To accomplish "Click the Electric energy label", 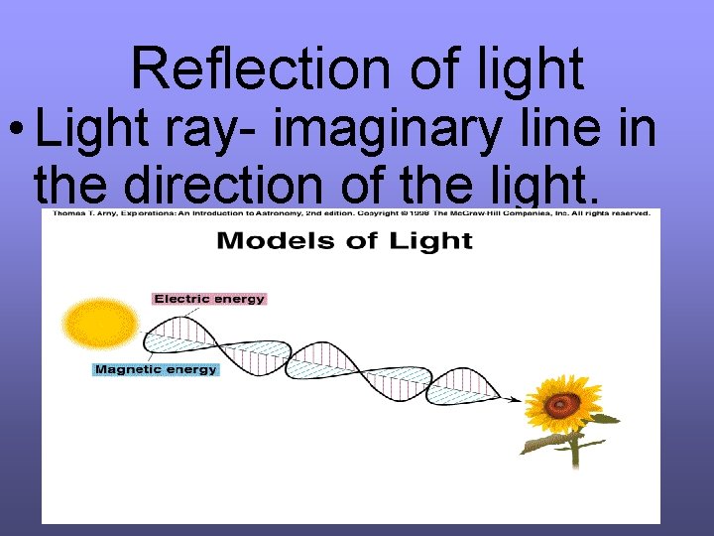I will (x=209, y=298).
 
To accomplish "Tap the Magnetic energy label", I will (x=156, y=369).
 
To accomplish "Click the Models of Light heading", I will (x=345, y=241).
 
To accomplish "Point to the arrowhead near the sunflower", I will (x=515, y=399).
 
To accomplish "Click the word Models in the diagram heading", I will (x=265, y=241).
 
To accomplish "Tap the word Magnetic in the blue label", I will (x=129, y=369).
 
